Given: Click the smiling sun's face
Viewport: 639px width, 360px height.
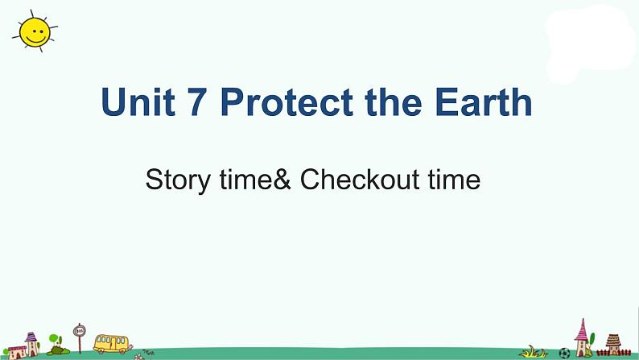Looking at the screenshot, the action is click(35, 31).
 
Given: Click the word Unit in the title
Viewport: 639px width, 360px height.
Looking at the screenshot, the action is click(138, 101).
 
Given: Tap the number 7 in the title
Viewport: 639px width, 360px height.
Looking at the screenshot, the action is click(197, 102).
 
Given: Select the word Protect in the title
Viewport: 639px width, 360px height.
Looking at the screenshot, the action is click(287, 101).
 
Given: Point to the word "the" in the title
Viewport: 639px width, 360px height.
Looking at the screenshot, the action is click(394, 101).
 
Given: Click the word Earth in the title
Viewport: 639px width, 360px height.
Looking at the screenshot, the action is click(484, 101).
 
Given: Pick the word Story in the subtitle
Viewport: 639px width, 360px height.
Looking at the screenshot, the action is click(178, 180).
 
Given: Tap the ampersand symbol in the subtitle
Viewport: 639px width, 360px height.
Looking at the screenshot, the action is click(282, 180).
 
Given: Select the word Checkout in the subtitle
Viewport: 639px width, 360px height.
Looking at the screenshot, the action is click(360, 179).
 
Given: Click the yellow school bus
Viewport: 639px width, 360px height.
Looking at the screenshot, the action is click(111, 344).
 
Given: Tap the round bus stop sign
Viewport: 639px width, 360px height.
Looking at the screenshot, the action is click(79, 330).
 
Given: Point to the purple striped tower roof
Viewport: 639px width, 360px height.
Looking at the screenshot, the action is click(31, 337).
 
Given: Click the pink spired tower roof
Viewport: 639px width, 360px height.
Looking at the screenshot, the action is click(582, 330).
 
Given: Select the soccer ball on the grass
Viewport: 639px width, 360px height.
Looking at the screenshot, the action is click(564, 353).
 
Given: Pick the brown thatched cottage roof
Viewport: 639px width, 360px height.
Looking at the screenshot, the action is click(613, 340).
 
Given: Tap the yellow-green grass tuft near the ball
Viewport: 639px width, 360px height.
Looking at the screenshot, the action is click(533, 352).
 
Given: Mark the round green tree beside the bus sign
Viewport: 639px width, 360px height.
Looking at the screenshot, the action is click(54, 338).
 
